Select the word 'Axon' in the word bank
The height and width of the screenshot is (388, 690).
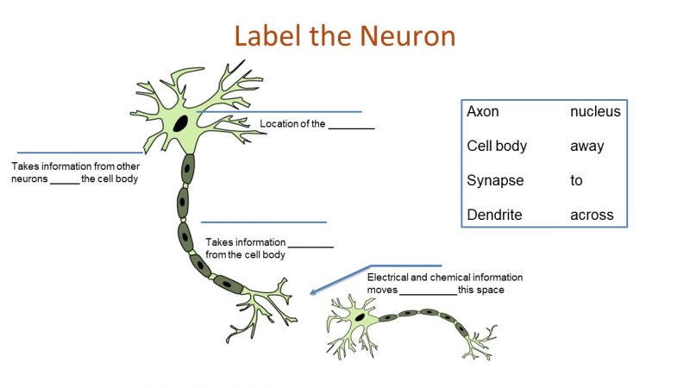click(x=483, y=111)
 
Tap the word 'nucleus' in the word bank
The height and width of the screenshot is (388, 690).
click(x=595, y=111)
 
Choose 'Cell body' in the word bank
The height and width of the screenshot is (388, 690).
click(x=497, y=146)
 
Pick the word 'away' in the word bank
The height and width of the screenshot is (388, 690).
click(x=586, y=146)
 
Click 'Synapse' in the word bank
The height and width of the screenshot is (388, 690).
click(x=495, y=180)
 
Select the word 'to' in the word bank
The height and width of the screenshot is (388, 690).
click(x=576, y=180)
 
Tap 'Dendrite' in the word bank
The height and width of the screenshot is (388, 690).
click(x=494, y=215)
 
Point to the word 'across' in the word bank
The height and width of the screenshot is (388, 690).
click(x=592, y=215)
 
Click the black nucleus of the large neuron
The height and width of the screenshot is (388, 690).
click(x=180, y=123)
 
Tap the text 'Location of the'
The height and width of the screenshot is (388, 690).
click(x=292, y=124)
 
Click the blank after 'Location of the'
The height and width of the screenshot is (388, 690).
click(x=351, y=126)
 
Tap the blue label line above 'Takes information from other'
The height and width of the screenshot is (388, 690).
click(x=79, y=153)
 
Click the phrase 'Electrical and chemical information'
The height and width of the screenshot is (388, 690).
click(x=444, y=278)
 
